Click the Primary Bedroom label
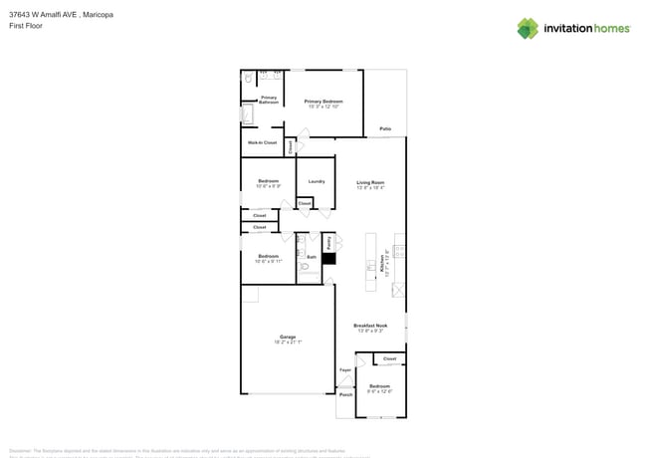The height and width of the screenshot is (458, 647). tap(323, 102)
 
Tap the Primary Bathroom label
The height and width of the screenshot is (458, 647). tap(269, 100)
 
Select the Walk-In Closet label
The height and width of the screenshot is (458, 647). tap(263, 142)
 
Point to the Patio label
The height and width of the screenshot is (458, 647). tap(385, 128)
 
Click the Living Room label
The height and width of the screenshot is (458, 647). tap(370, 182)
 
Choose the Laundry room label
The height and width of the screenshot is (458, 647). tap(317, 181)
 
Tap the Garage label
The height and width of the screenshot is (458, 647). tap(288, 337)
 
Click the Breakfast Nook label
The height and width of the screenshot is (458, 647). tap(370, 326)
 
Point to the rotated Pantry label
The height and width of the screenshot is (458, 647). tap(328, 242)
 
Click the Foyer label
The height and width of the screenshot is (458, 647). tap(345, 370)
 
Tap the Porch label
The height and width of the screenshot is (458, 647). tap(345, 394)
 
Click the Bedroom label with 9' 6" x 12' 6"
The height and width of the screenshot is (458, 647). tap(380, 386)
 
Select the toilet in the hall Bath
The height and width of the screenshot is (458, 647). tap(304, 267)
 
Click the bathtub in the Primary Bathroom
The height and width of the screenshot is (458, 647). tap(248, 115)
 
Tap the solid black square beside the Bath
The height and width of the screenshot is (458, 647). tap(328, 259)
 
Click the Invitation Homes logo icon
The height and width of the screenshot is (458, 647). tap(528, 29)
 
